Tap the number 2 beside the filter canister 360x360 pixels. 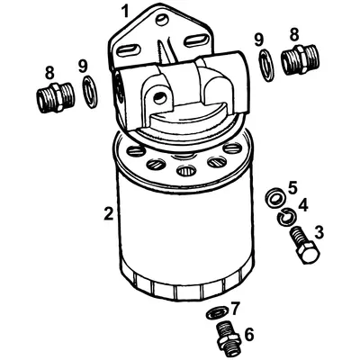[108, 213]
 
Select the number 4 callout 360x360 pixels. [303, 206]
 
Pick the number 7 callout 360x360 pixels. [236, 308]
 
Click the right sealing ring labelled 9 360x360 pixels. [266, 65]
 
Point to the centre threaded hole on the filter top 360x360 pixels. [186, 169]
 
